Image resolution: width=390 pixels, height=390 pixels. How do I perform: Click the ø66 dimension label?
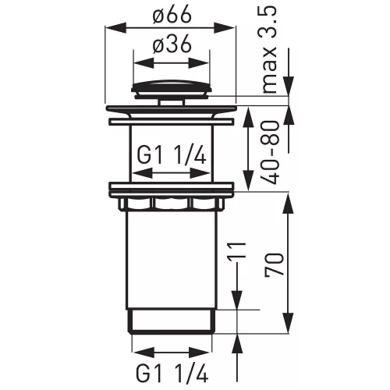pos(172,15)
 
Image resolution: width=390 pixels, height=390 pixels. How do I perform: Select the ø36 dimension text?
pos(172,44)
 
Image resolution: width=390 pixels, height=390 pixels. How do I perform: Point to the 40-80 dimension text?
pos(271,153)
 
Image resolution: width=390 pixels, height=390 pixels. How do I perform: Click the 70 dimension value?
pos(274,264)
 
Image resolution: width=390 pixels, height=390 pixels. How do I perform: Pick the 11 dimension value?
pos(236,250)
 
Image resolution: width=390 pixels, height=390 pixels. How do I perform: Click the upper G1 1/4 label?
pos(172,157)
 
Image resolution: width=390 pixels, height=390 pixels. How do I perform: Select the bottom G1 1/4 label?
pos(172,374)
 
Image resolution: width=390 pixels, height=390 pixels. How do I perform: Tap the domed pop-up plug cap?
pos(171,89)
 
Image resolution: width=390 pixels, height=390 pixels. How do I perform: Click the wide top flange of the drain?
pos(171,108)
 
